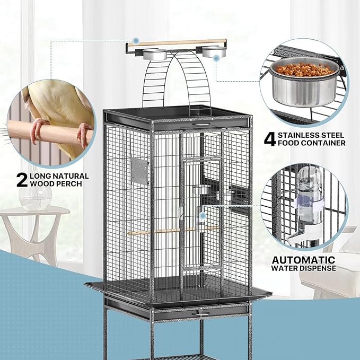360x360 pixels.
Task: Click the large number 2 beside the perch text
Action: (x=22, y=180)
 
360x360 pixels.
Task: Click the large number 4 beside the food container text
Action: (x=270, y=139)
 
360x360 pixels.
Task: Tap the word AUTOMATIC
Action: (x=303, y=260)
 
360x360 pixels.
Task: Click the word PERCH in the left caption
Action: (x=71, y=183)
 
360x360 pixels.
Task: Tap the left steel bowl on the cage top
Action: (x=155, y=55)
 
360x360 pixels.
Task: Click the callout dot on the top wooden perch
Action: (x=136, y=41)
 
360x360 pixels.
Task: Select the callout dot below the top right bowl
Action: (x=216, y=58)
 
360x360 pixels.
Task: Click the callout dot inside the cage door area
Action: (x=203, y=216)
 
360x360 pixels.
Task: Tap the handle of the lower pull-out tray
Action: (x=201, y=313)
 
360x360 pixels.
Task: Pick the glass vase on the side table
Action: (x=36, y=198)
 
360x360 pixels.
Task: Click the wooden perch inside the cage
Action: (x=173, y=231)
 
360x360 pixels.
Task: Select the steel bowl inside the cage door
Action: (x=201, y=190)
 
